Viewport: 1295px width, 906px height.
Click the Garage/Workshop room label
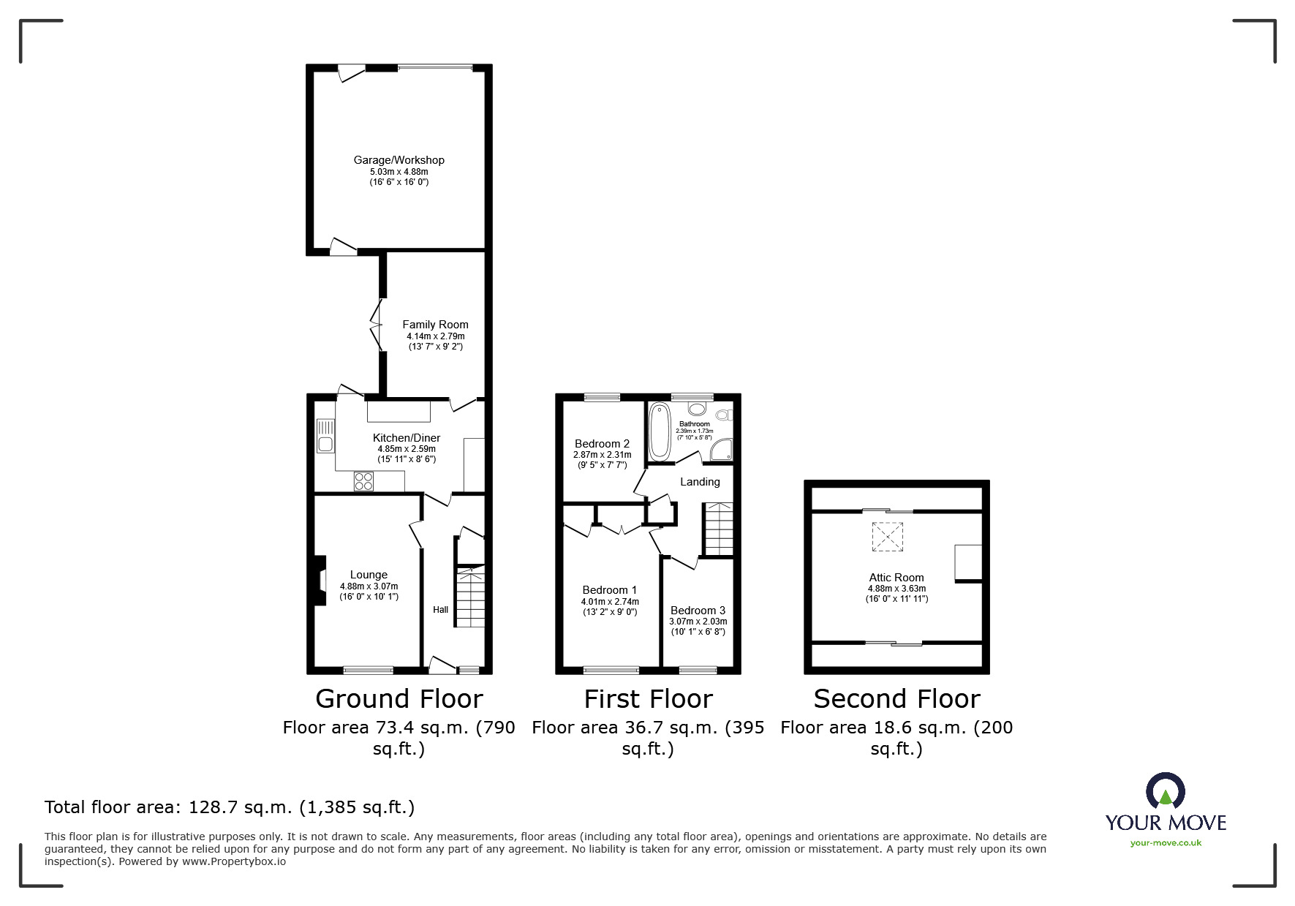(399, 160)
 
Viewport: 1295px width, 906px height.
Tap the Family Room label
(435, 325)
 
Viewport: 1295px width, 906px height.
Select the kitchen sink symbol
(325, 436)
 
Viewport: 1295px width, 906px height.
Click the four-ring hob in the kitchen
(363, 481)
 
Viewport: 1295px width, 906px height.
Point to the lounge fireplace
(320, 581)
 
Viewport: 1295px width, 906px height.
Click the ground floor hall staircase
(470, 596)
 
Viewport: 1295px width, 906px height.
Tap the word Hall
(440, 610)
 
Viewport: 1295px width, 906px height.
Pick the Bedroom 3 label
(698, 611)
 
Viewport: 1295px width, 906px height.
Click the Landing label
(700, 482)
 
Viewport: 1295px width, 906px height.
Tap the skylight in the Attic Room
(887, 537)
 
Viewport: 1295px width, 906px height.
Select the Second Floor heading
(896, 699)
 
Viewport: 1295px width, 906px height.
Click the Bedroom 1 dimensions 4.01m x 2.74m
(610, 602)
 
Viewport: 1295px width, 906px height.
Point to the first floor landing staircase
(718, 529)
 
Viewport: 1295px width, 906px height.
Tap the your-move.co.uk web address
(1166, 843)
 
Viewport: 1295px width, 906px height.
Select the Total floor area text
(230, 807)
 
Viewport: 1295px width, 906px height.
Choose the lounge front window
(368, 670)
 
